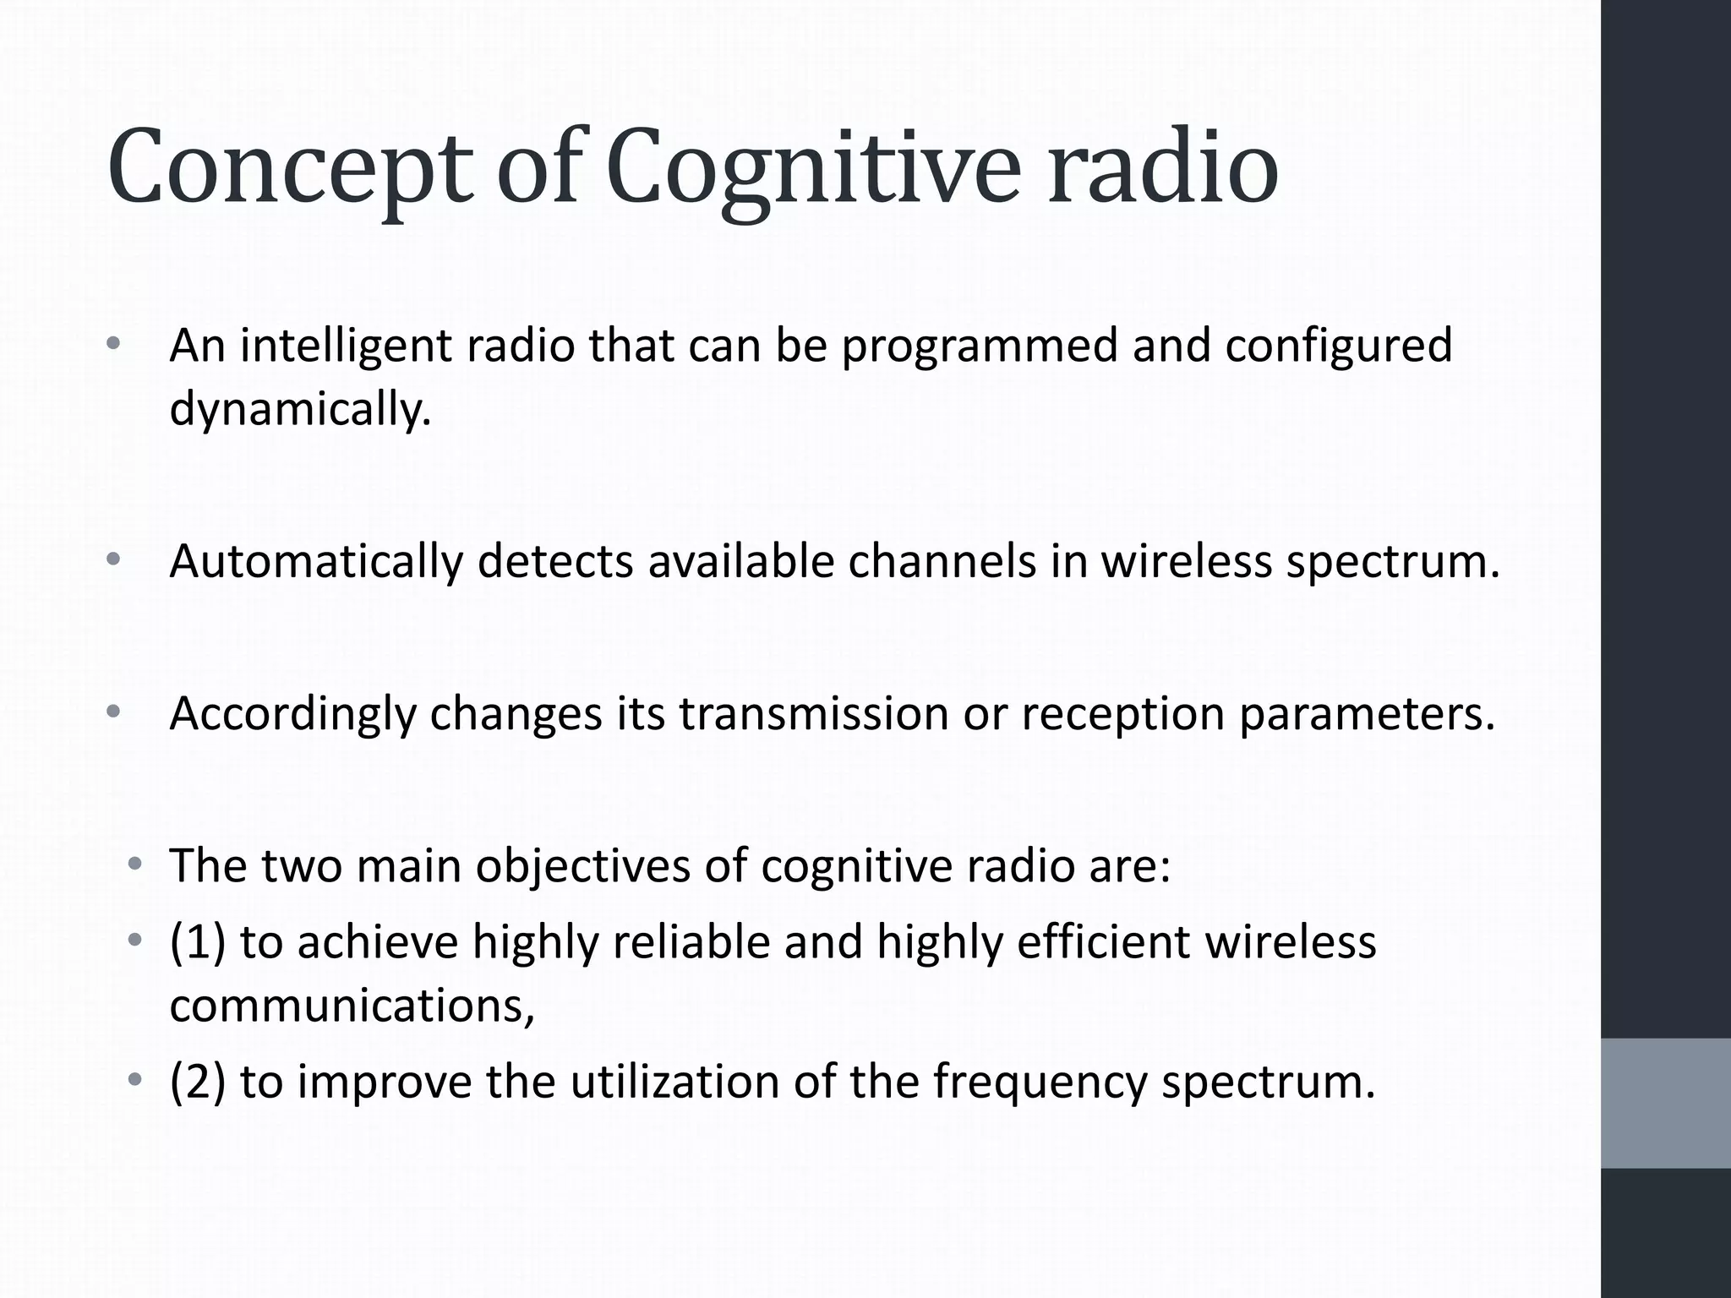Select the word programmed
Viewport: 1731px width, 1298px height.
pos(980,346)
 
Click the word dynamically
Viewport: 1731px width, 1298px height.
pos(300,410)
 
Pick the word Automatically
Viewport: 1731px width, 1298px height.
pos(316,561)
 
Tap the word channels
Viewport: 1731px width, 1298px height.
pos(942,561)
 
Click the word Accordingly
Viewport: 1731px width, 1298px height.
pos(292,714)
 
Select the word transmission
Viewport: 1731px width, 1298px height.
pos(814,714)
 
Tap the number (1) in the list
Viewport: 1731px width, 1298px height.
pos(197,941)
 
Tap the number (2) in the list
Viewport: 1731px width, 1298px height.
pos(197,1082)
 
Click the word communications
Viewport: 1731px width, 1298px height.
pos(352,1006)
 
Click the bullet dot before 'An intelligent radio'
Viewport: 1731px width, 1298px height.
pos(114,344)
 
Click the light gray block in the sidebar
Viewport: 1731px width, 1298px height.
pos(1666,1103)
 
